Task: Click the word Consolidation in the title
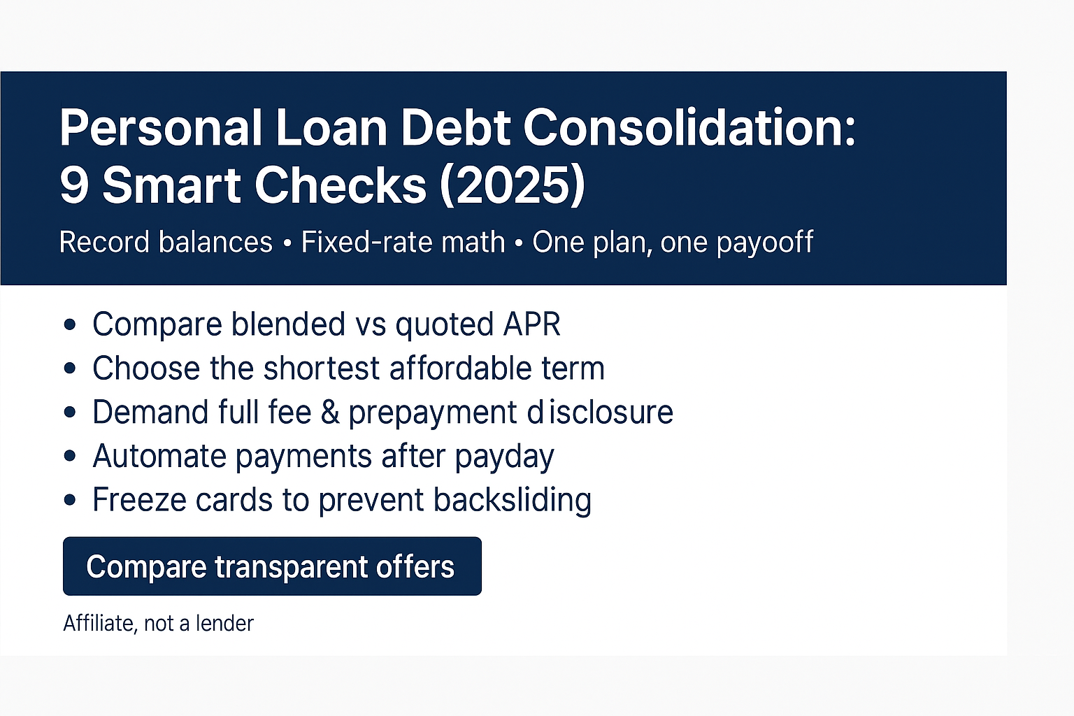click(689, 128)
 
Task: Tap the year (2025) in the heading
click(513, 185)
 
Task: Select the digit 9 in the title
click(73, 185)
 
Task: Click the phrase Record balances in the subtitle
click(166, 243)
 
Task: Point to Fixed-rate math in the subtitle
click(403, 243)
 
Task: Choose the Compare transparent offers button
click(272, 566)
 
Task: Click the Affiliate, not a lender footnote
click(158, 623)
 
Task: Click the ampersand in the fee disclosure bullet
click(329, 413)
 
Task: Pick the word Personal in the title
click(161, 128)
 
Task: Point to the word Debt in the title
click(455, 128)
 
